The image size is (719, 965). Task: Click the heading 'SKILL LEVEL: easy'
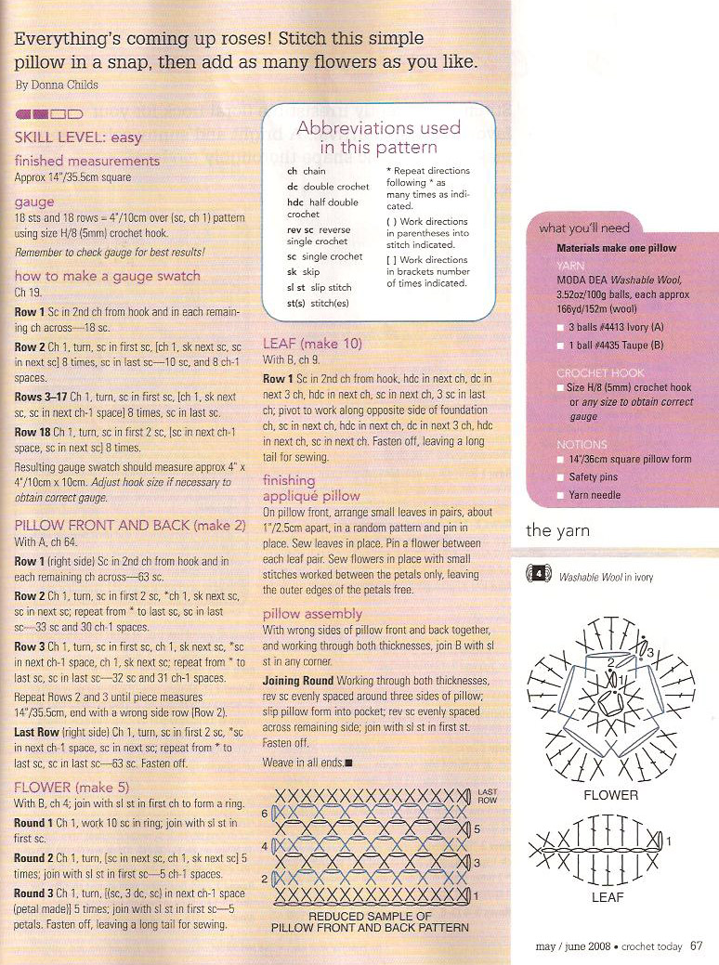[x=78, y=137]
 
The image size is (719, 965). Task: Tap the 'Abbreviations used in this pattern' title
[x=378, y=137]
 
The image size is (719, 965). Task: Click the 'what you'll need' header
[x=584, y=228]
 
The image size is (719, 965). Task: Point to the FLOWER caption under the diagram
[x=610, y=795]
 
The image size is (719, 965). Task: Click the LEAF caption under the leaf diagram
[x=607, y=898]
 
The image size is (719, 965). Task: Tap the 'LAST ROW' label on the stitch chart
[x=487, y=796]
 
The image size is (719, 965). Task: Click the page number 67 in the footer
[x=695, y=946]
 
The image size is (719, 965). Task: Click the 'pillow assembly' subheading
[x=312, y=615]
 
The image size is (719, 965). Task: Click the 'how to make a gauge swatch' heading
[x=107, y=276]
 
